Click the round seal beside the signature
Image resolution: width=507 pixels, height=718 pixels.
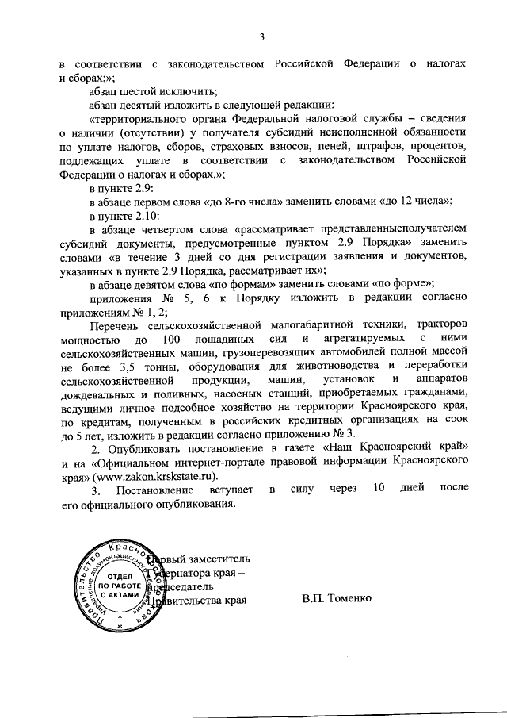(116, 585)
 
